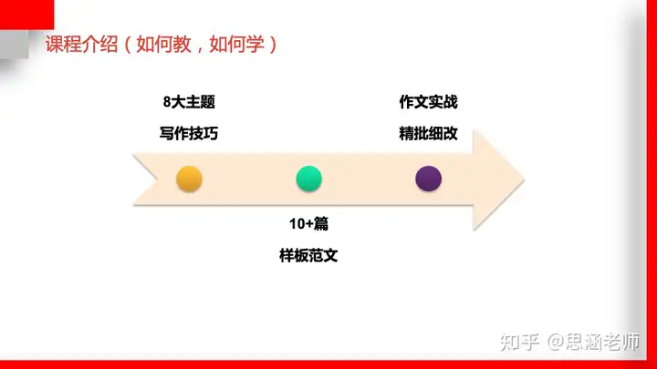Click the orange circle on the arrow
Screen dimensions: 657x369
(189, 179)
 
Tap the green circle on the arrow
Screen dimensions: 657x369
(308, 179)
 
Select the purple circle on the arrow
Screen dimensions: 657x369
(428, 179)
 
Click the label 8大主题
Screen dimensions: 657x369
(189, 102)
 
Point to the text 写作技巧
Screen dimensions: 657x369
(189, 133)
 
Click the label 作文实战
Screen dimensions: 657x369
(428, 102)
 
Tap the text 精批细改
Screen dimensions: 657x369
(428, 133)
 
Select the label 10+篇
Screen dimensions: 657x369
(308, 224)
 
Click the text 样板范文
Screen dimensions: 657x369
(308, 255)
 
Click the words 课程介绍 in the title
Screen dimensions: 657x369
(82, 44)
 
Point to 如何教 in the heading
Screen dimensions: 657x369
(164, 44)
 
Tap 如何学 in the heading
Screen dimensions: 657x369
(236, 44)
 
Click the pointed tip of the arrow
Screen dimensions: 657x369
(524, 179)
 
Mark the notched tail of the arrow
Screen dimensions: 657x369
(157, 179)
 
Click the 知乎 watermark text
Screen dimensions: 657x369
(519, 342)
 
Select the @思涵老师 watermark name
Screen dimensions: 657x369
(594, 342)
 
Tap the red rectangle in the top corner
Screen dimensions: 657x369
(26, 15)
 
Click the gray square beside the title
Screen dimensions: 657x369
(15, 45)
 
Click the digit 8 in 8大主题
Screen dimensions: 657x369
(167, 102)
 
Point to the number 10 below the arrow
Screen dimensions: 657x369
(297, 224)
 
